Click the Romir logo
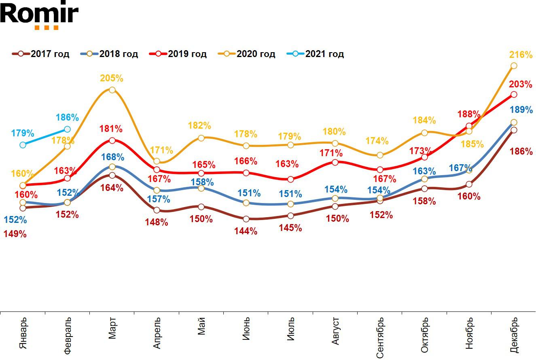[39, 15]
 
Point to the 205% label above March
[112, 78]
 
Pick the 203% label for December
[521, 85]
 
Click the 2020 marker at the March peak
[112, 90]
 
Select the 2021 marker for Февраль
[67, 129]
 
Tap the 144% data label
[246, 231]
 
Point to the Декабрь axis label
[514, 335]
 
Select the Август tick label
[335, 331]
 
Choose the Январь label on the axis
[23, 333]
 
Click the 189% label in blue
[521, 110]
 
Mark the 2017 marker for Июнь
[246, 219]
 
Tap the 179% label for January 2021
[23, 133]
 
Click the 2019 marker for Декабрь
[514, 94]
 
